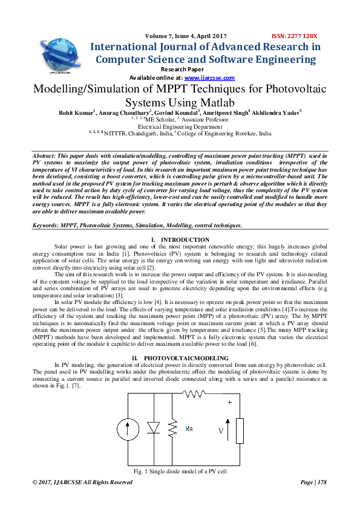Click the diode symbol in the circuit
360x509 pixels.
(x=153, y=428)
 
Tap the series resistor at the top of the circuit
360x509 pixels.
(x=194, y=395)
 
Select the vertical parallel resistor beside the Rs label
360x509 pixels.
(x=172, y=429)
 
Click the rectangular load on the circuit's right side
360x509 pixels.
(x=240, y=430)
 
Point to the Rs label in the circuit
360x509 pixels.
(x=189, y=429)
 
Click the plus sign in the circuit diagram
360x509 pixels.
(x=229, y=401)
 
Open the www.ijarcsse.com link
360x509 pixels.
(x=209, y=78)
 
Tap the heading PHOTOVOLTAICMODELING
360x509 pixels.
(x=186, y=358)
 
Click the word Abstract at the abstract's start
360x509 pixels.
(x=47, y=156)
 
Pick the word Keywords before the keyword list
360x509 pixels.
(x=46, y=225)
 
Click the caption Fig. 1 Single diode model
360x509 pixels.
(x=180, y=470)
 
